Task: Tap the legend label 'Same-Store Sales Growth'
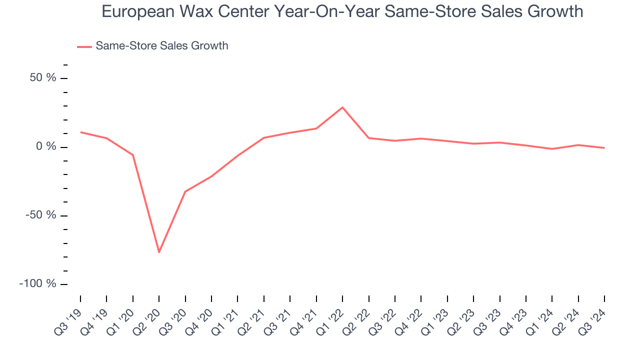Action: (x=161, y=46)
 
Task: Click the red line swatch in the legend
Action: (x=84, y=46)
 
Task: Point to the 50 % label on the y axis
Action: (x=42, y=78)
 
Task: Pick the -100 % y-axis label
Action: (x=37, y=284)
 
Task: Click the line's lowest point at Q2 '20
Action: (x=159, y=252)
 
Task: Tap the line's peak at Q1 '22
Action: (x=342, y=107)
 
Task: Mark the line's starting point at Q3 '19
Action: (x=80, y=132)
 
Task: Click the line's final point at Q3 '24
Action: (x=604, y=148)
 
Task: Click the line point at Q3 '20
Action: (x=185, y=191)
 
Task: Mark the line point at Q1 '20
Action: (x=133, y=155)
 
